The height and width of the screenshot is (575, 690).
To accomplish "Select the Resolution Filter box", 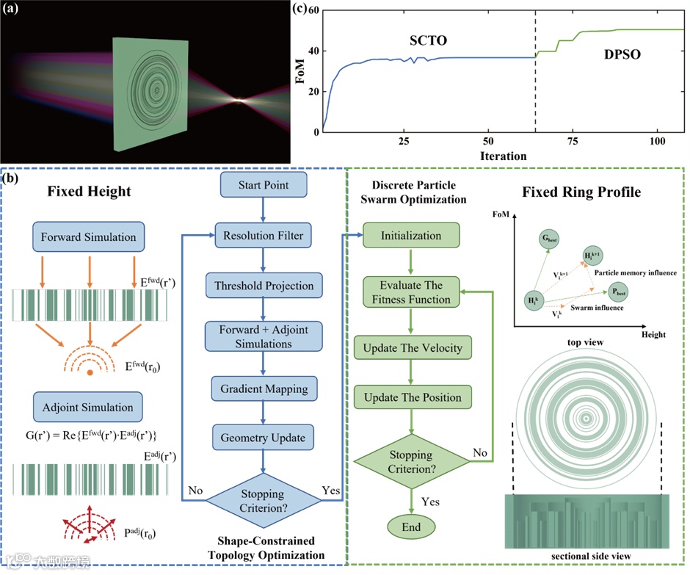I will pos(263,236).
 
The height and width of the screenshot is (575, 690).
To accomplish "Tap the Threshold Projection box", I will pos(263,286).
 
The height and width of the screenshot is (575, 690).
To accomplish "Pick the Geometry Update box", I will pos(263,438).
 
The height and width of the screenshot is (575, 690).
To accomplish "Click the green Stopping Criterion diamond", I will pos(411,460).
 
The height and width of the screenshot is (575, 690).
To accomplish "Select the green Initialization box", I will pos(411,236).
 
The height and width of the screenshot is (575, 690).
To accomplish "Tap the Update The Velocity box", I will pos(411,346).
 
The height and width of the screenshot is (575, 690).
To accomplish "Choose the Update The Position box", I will pos(411,397).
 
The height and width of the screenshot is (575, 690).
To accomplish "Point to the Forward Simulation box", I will pos(90,237).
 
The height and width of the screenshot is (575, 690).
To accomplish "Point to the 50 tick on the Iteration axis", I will pos(488,141).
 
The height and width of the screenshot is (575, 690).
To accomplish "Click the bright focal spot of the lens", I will pos(239,99).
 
